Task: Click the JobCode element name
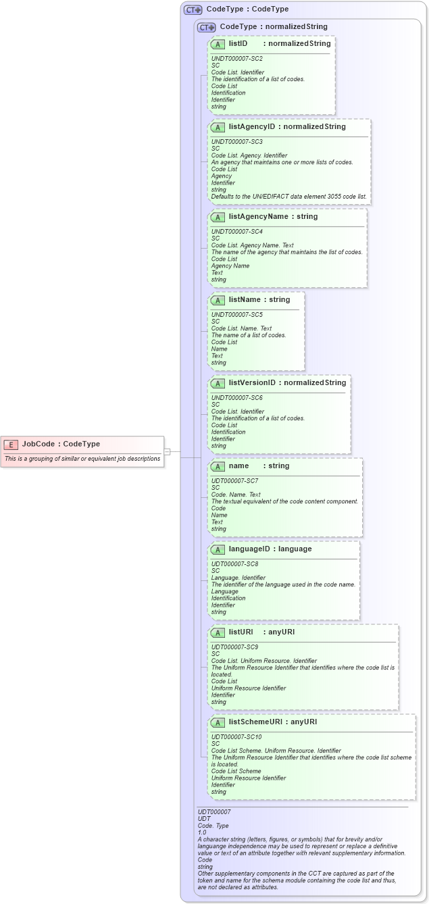[39, 444]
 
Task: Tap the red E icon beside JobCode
[11, 444]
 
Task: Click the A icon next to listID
[218, 44]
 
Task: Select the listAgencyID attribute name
[251, 126]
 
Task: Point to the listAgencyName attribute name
[256, 217]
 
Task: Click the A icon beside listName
[218, 300]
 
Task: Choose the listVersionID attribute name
[252, 383]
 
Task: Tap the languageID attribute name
[250, 549]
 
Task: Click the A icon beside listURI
[218, 632]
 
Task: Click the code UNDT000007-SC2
[236, 59]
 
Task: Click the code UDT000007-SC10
[234, 736]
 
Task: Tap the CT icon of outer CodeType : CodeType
[193, 9]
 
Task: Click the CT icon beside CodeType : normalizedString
[207, 27]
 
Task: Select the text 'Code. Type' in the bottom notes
[213, 825]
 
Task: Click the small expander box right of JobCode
[167, 451]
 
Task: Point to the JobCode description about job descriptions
[82, 458]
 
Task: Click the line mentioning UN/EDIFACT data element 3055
[289, 196]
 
